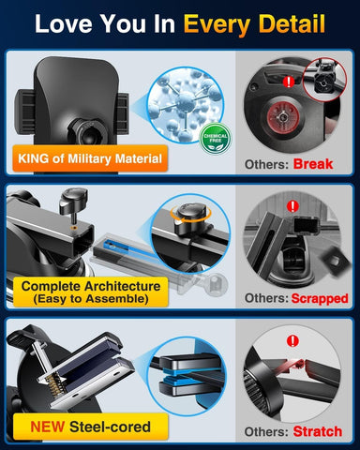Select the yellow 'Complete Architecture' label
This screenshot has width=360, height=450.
click(x=89, y=291)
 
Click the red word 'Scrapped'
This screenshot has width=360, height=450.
click(x=321, y=298)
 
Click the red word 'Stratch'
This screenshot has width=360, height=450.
click(x=319, y=433)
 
